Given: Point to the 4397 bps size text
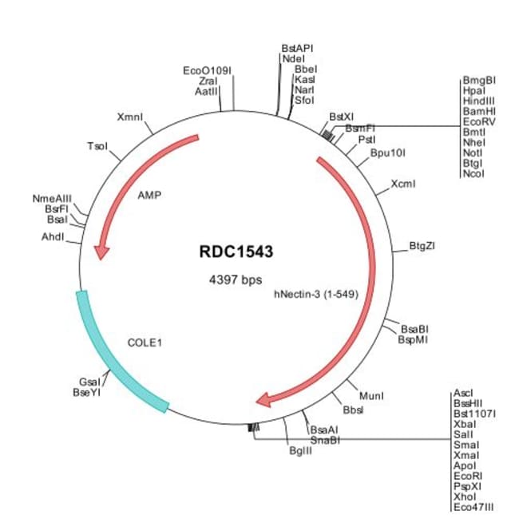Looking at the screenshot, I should tap(236, 280).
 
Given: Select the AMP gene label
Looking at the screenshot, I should tap(149, 194).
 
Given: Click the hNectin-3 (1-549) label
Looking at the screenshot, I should tap(315, 293).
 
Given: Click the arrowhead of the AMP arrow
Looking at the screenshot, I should tap(101, 252).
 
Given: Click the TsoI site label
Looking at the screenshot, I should tap(97, 146).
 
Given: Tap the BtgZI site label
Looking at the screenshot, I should tap(422, 245).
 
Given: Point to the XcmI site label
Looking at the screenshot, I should tap(403, 184).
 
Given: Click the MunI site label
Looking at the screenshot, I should tap(371, 395).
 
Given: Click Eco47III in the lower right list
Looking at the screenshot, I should tap(474, 506).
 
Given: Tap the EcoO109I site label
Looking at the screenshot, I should tap(207, 71).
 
